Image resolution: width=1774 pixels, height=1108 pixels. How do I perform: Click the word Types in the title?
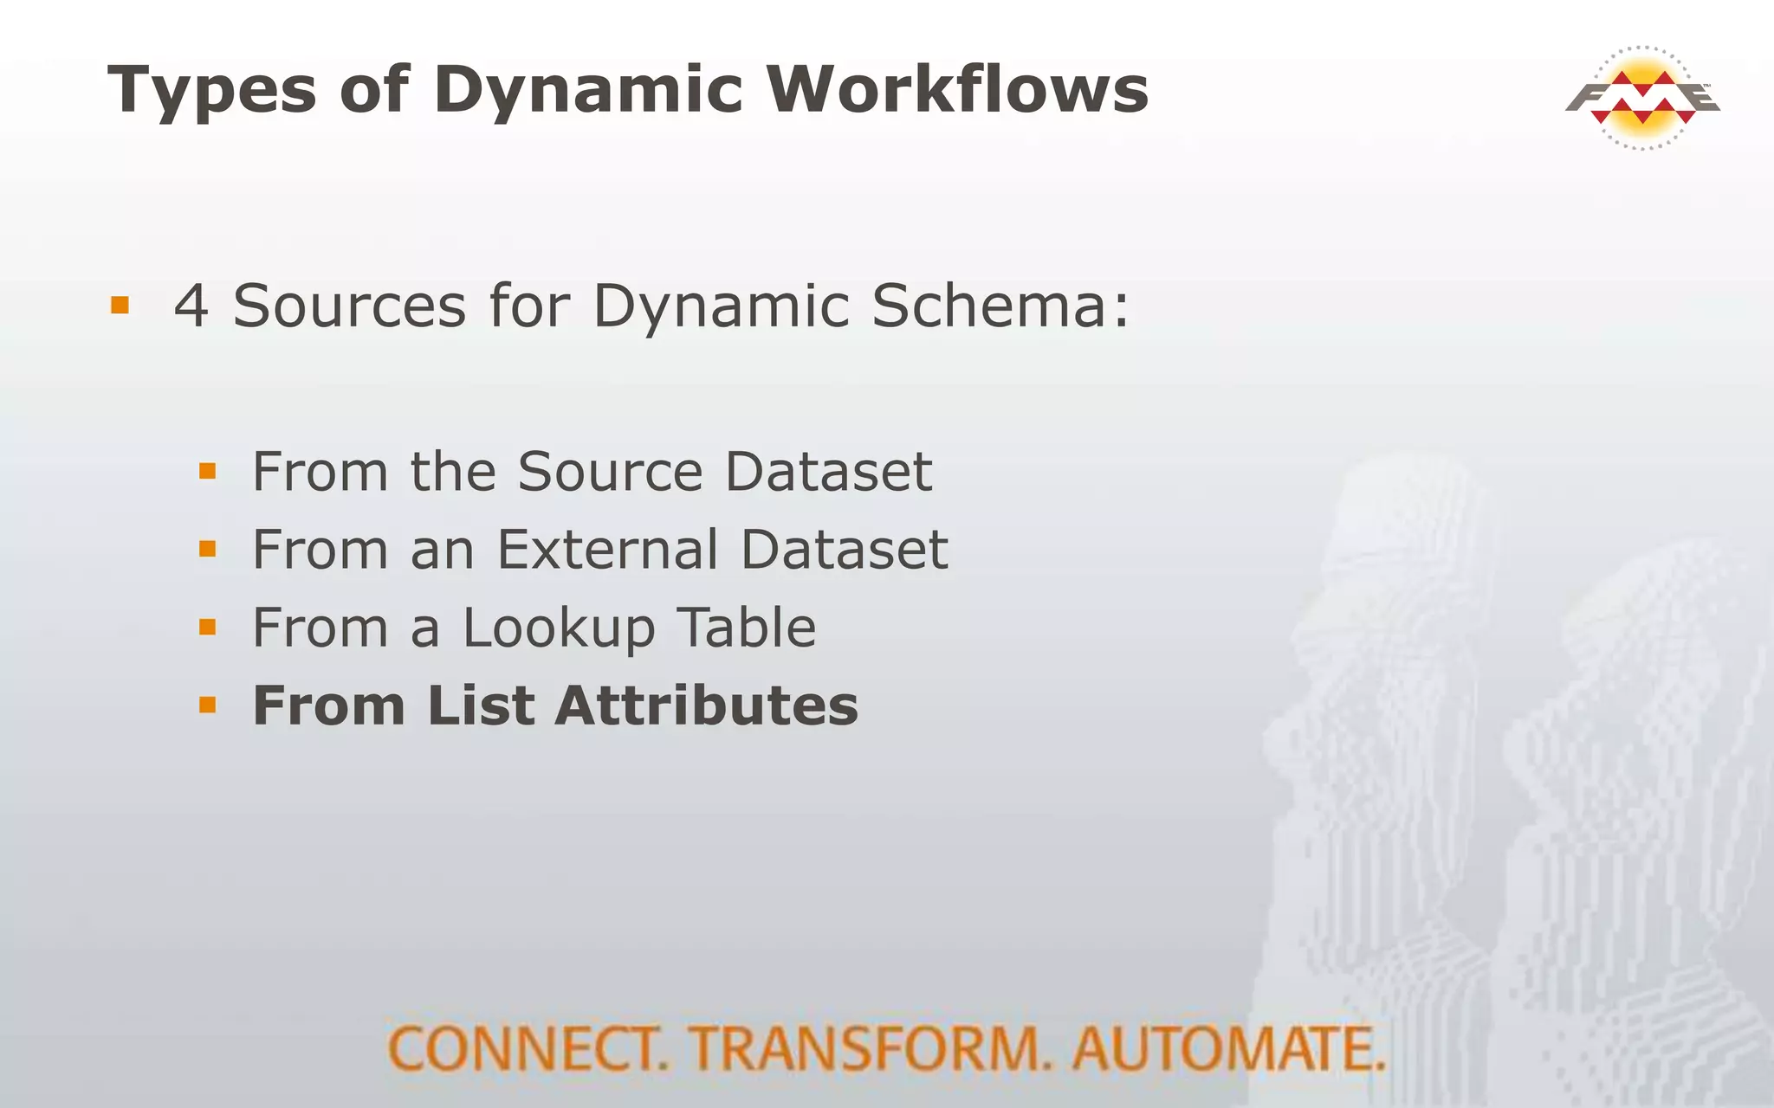click(x=211, y=91)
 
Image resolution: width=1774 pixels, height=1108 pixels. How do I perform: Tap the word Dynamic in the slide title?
click(x=588, y=91)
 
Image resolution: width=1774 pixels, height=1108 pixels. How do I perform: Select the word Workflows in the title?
click(x=957, y=89)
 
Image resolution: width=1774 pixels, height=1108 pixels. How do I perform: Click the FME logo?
click(x=1642, y=98)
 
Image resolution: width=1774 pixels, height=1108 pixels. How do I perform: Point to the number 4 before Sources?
click(x=191, y=306)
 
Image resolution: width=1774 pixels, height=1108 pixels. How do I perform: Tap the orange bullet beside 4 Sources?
click(x=120, y=306)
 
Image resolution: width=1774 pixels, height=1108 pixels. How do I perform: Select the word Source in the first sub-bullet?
click(x=610, y=472)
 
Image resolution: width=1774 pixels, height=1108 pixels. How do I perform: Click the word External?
click(x=607, y=550)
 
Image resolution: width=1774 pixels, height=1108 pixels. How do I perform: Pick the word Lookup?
click(x=559, y=629)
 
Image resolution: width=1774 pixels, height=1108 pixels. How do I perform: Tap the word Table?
click(x=746, y=628)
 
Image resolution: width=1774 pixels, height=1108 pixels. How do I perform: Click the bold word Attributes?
click(x=706, y=705)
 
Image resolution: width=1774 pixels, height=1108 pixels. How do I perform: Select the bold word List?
click(x=481, y=705)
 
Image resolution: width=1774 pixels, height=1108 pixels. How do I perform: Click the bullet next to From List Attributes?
click(x=207, y=705)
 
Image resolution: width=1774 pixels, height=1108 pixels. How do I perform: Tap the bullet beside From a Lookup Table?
click(x=207, y=627)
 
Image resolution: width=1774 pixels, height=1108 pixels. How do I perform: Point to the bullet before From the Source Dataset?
click(x=207, y=471)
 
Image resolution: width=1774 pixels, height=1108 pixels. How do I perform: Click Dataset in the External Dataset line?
click(x=844, y=550)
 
